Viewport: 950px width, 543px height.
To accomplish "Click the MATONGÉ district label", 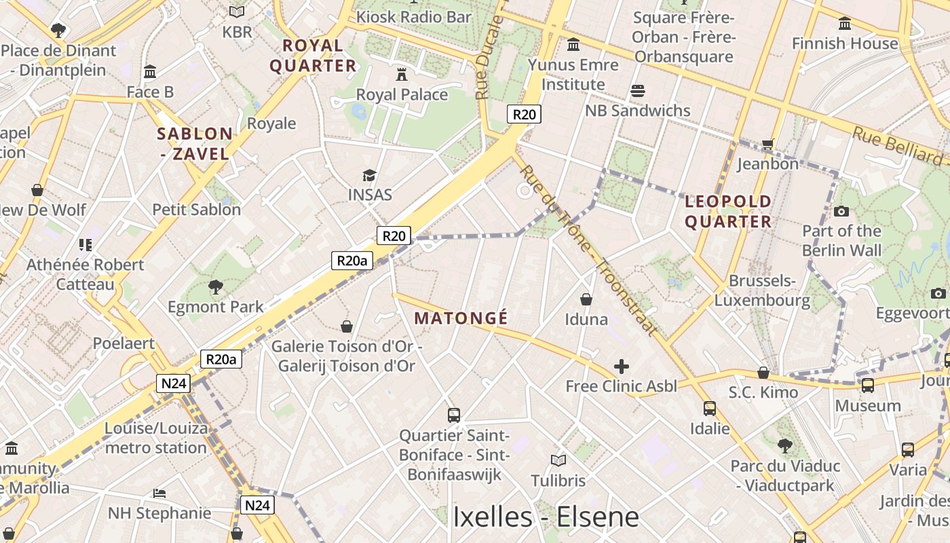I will pyautogui.click(x=461, y=318).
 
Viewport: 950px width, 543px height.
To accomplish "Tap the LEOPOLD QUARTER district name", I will pyautogui.click(x=728, y=212).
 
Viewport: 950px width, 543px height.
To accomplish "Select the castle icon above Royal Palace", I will pyautogui.click(x=402, y=73).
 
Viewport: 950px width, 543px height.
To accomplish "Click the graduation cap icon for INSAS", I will pyautogui.click(x=369, y=176).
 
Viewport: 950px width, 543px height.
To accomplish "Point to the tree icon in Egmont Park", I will pyautogui.click(x=216, y=287).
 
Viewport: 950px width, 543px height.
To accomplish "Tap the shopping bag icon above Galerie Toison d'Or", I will pyautogui.click(x=347, y=326).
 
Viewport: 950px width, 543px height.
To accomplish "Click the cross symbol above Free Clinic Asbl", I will pyautogui.click(x=621, y=367).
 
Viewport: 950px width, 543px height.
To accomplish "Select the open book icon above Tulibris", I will pyautogui.click(x=558, y=461).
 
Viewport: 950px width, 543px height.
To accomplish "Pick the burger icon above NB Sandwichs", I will pyautogui.click(x=637, y=90).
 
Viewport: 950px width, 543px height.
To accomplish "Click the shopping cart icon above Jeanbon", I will pyautogui.click(x=767, y=144).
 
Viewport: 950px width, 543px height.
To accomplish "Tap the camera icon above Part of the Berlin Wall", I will pyautogui.click(x=841, y=211).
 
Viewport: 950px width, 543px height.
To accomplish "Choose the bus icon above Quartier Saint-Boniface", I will pyautogui.click(x=454, y=415).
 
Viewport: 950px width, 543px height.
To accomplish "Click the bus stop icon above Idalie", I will pyautogui.click(x=710, y=409).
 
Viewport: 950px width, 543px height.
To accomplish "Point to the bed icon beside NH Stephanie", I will pyautogui.click(x=159, y=493).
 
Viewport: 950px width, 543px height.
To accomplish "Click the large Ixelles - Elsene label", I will pyautogui.click(x=546, y=517).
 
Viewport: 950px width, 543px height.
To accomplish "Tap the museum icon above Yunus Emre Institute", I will pyautogui.click(x=573, y=45).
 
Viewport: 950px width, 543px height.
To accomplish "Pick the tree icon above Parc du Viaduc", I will pyautogui.click(x=785, y=446).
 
